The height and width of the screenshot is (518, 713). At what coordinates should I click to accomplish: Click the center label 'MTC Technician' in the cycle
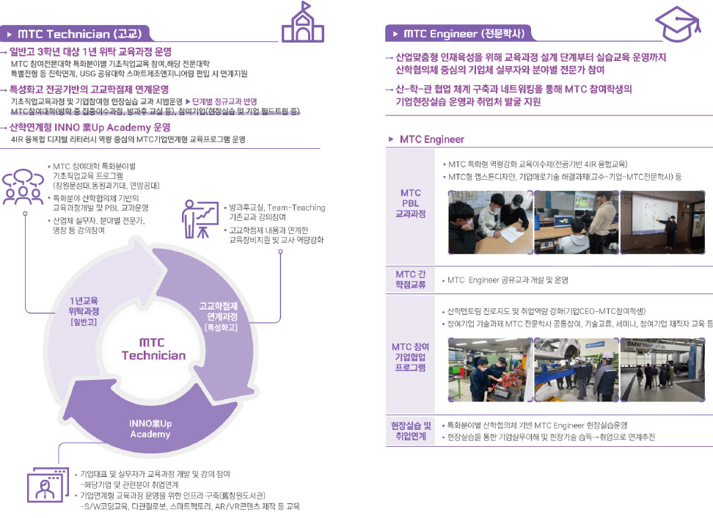[153, 349]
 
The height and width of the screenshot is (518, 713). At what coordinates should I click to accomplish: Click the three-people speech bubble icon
[24, 186]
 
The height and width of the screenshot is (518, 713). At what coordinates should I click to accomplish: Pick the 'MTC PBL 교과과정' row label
[410, 203]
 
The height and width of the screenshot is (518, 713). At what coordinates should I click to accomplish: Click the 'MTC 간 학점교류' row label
[410, 280]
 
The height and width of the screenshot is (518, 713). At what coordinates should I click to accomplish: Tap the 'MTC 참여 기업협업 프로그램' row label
[410, 357]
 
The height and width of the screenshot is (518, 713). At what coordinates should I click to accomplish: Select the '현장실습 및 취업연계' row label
[410, 431]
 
